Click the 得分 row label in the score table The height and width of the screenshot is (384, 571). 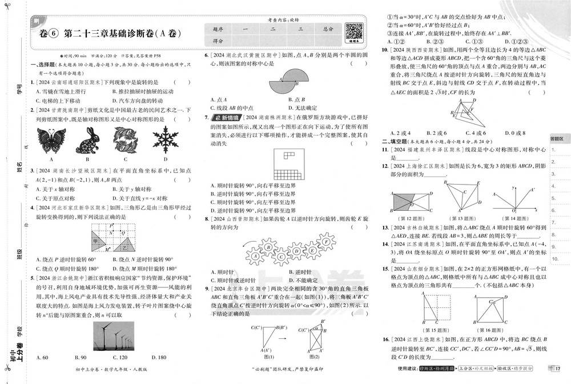click(x=218, y=41)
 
